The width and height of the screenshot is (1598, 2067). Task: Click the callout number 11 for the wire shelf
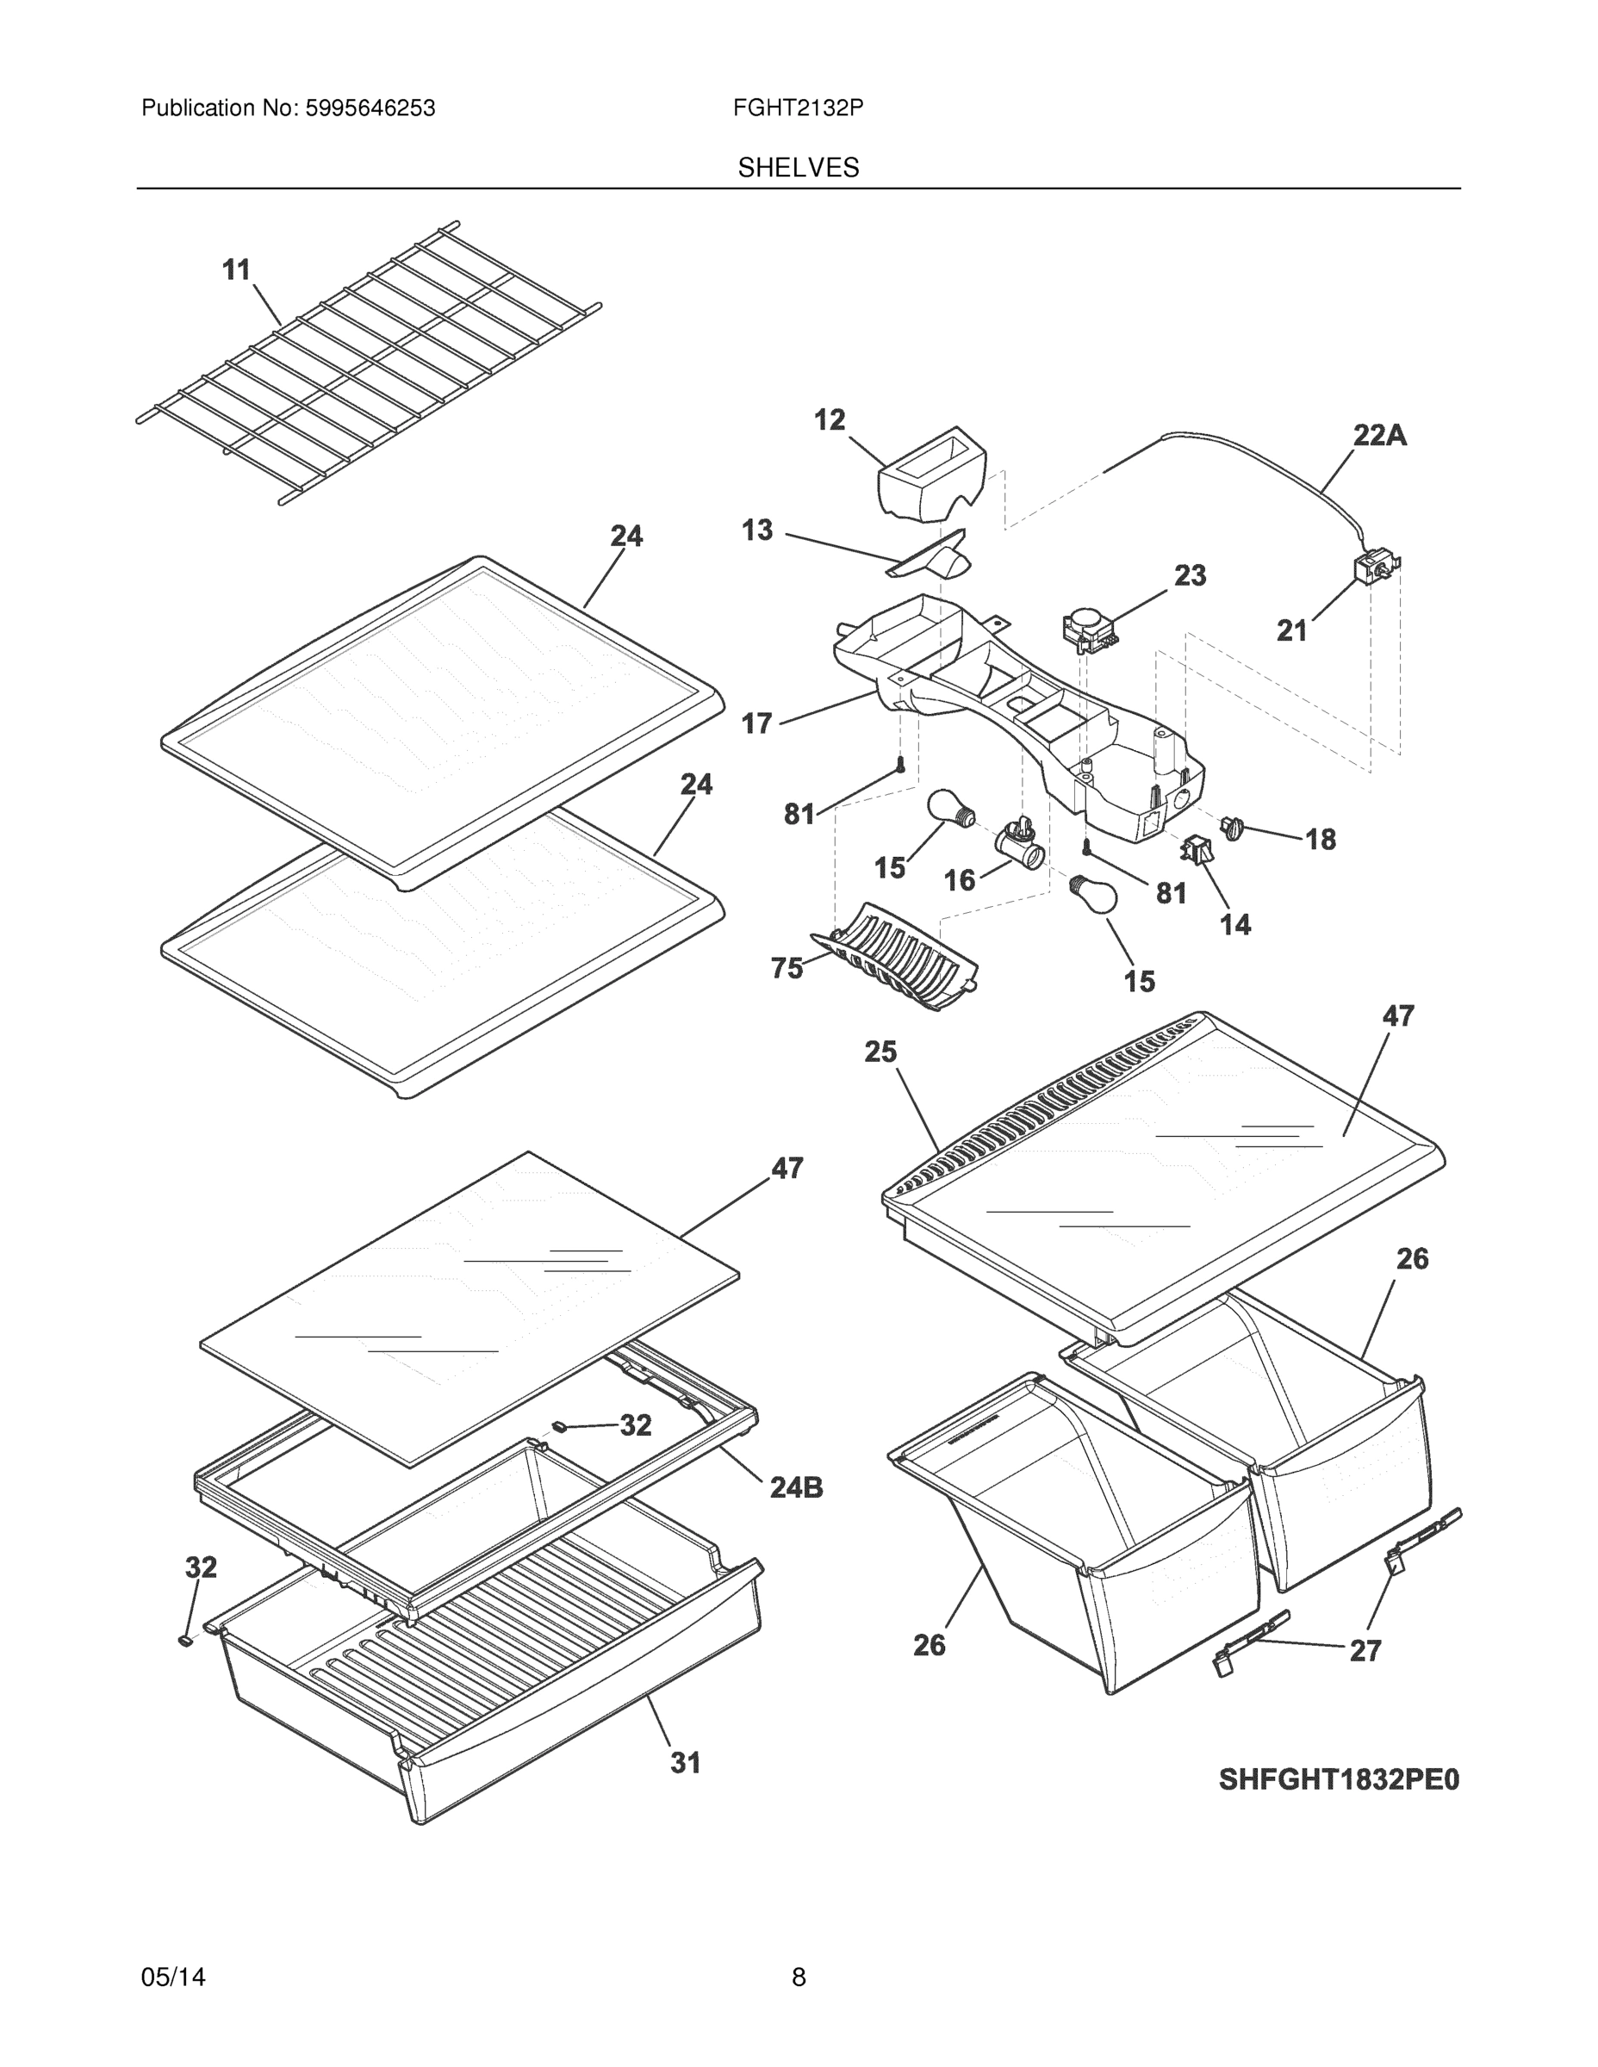coord(236,270)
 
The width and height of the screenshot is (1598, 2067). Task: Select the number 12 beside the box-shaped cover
coord(830,420)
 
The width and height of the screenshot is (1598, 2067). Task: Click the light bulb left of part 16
coord(949,810)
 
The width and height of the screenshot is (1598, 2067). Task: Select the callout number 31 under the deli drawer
coord(686,1762)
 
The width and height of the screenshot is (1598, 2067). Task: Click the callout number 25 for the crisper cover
coord(880,1052)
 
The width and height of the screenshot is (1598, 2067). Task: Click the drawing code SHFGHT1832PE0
coord(1339,1780)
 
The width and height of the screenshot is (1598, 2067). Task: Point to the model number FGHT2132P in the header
coord(797,109)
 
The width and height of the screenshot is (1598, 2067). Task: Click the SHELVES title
coord(798,168)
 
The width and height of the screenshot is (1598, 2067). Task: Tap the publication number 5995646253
coord(370,109)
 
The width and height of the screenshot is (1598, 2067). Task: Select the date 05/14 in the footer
coord(173,1977)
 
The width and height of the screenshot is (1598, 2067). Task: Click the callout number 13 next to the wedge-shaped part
coord(756,530)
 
